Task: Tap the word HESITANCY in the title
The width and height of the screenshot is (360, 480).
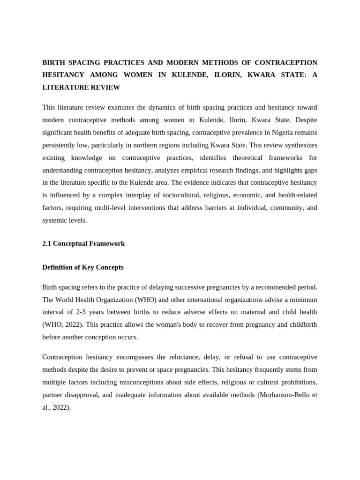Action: (x=63, y=75)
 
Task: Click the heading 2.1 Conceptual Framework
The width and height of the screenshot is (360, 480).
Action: (x=83, y=244)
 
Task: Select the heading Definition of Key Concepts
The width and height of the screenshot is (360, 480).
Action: (x=83, y=267)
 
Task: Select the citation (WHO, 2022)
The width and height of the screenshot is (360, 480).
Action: (x=62, y=324)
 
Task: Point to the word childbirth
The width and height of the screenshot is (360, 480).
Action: (x=302, y=324)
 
